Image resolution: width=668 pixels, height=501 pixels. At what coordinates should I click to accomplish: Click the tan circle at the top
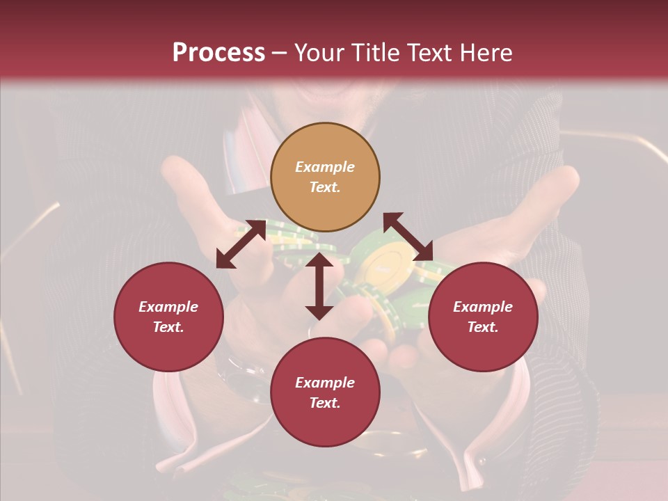pos(325,177)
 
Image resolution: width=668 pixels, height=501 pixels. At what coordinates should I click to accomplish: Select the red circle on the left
pos(168,317)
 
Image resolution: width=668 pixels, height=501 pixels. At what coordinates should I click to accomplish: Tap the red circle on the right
pos(483,317)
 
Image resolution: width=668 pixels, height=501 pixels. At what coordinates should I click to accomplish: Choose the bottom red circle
pos(325,392)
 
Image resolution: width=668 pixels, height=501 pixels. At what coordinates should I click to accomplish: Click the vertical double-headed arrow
pos(319,286)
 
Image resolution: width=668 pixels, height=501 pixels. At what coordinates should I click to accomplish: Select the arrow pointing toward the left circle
pos(241,244)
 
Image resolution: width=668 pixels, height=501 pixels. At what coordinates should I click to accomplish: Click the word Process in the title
pos(218,52)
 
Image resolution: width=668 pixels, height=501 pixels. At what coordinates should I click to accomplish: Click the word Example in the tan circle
pos(325,167)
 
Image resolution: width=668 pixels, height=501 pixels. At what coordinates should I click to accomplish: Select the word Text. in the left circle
pos(168,327)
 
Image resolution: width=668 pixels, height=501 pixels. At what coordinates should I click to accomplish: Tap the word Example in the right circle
pos(483,306)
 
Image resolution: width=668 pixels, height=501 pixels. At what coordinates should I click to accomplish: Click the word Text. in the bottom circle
pos(325,403)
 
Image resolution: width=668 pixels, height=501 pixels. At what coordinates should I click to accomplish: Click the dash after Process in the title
pos(280,53)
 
